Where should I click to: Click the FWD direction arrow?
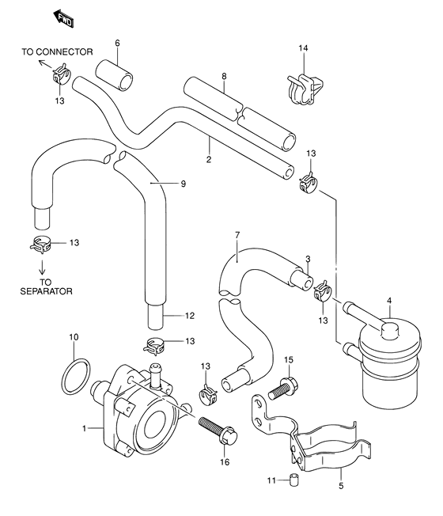(63, 19)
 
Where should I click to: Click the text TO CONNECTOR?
(57, 52)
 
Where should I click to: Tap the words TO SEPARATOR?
(46, 286)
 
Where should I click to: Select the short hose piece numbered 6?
(115, 74)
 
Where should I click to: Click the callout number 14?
(303, 48)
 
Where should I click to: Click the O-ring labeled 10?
(76, 376)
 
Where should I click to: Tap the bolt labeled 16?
(218, 431)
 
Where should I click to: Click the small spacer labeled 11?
(293, 480)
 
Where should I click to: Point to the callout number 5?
(341, 485)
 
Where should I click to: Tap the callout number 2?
(209, 160)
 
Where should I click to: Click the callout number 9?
(184, 184)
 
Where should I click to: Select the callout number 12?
(190, 316)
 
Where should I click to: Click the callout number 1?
(84, 428)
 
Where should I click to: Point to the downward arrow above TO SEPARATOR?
(42, 267)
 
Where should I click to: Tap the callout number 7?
(237, 235)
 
